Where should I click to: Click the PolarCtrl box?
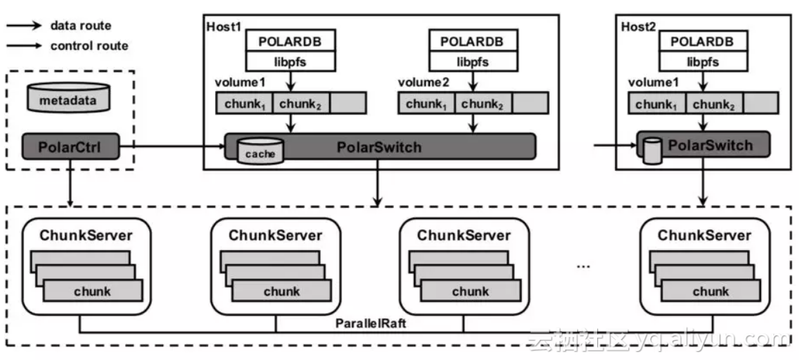tap(70, 146)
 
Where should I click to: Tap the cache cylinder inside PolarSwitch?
tap(259, 151)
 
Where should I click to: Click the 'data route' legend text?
tap(80, 26)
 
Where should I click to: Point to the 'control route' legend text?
tap(89, 46)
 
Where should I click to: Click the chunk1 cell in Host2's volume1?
tap(654, 104)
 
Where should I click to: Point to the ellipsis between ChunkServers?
tap(583, 265)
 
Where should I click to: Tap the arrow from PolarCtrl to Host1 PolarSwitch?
tap(173, 146)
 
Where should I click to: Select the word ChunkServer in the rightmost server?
tap(704, 235)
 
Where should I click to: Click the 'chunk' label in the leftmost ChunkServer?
tap(93, 290)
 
